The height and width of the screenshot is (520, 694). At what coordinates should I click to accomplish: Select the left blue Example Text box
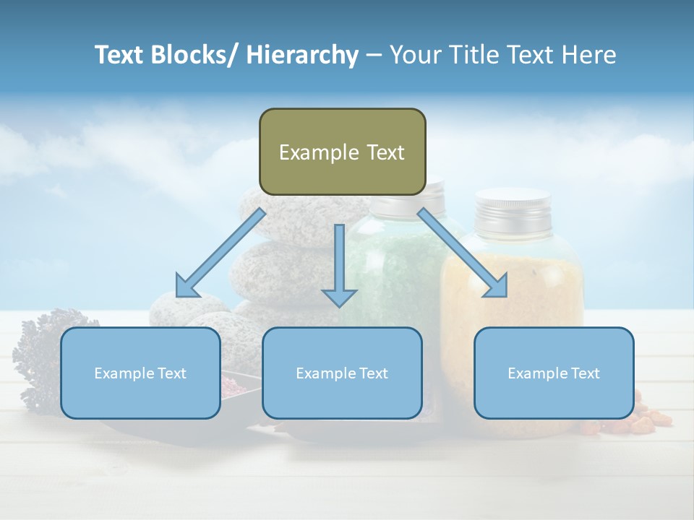point(140,373)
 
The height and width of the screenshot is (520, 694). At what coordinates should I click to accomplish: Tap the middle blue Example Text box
point(342,373)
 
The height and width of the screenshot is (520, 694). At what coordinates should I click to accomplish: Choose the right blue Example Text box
point(554,373)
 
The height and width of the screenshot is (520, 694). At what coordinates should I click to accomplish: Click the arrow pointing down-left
point(216,256)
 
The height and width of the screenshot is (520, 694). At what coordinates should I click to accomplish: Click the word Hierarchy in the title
point(302,55)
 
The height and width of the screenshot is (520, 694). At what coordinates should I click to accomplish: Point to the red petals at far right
point(651,419)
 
